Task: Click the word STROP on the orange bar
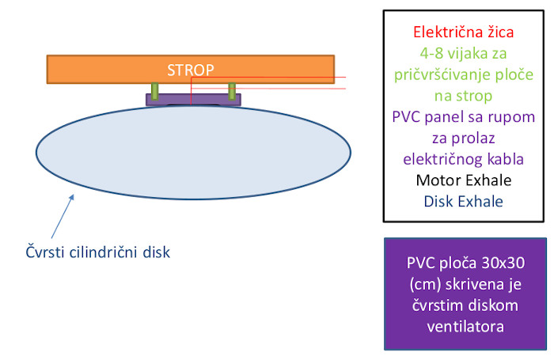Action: pyautogui.click(x=191, y=70)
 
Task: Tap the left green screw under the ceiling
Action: pyautogui.click(x=155, y=92)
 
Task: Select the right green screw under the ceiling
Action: pyautogui.click(x=232, y=92)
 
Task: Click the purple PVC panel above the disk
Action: pyautogui.click(x=193, y=100)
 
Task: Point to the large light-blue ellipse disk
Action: pyautogui.click(x=193, y=152)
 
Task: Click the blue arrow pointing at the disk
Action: pyautogui.click(x=63, y=216)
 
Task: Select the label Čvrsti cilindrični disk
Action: pyautogui.click(x=98, y=252)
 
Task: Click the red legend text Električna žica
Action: pyautogui.click(x=464, y=32)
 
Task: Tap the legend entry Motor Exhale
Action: pyautogui.click(x=464, y=180)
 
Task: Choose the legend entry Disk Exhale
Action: pyautogui.click(x=464, y=202)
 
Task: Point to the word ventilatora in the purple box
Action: pyautogui.click(x=465, y=327)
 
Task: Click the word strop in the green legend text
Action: pyautogui.click(x=476, y=96)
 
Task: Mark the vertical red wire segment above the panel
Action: pyautogui.click(x=192, y=91)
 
